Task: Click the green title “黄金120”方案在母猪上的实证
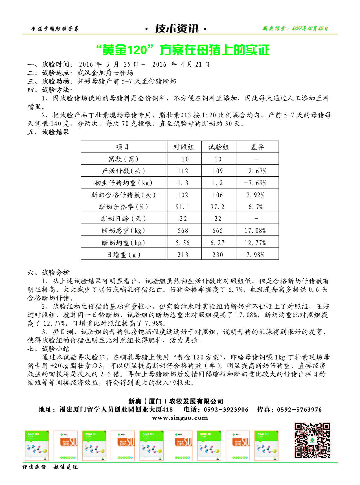(x=183, y=50)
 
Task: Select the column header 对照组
(x=184, y=147)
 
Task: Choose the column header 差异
(x=257, y=147)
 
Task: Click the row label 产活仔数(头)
(x=124, y=171)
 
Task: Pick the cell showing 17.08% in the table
(x=255, y=231)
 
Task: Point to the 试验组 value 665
(x=218, y=231)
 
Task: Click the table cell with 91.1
(x=183, y=207)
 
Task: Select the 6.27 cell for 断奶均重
(x=218, y=243)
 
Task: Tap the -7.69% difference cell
(x=255, y=183)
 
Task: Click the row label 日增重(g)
(x=124, y=255)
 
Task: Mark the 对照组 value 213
(x=183, y=255)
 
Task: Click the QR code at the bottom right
(x=312, y=440)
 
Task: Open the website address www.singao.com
(x=180, y=418)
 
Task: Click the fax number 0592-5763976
(x=299, y=410)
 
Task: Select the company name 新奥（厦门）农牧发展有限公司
(x=176, y=401)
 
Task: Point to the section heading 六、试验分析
(x=49, y=273)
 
